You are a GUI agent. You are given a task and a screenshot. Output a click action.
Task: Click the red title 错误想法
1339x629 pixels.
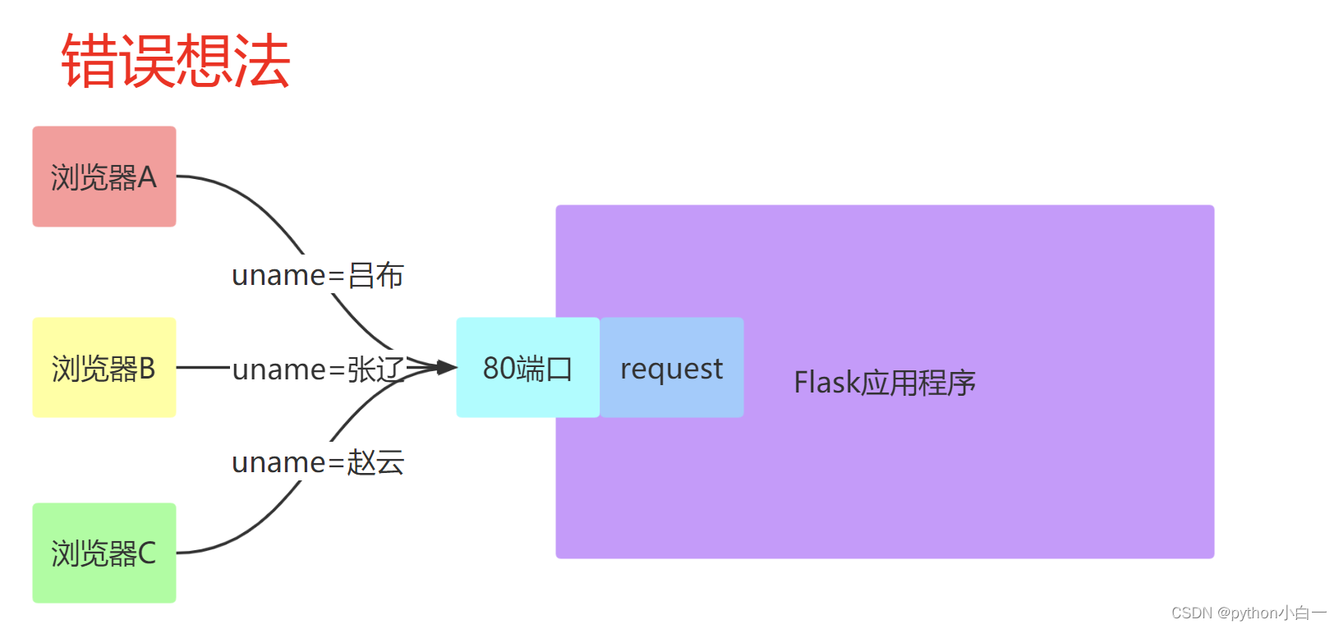coord(176,61)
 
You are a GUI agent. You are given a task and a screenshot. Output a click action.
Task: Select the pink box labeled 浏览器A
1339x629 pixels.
coord(104,177)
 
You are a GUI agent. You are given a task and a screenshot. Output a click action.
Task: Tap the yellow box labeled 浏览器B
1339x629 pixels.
coord(104,368)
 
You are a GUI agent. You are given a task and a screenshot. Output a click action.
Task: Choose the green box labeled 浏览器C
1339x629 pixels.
coord(104,553)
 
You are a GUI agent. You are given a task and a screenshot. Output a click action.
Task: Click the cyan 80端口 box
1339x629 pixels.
coord(527,368)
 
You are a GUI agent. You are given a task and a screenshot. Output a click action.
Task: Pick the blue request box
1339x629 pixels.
coord(672,368)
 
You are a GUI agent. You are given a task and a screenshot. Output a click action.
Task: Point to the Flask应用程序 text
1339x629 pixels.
coord(884,383)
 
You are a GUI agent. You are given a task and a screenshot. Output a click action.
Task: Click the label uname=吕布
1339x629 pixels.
coord(317,275)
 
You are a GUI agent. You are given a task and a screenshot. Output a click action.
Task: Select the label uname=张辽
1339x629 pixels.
coord(317,370)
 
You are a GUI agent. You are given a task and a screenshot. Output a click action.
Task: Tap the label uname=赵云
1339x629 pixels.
coord(317,462)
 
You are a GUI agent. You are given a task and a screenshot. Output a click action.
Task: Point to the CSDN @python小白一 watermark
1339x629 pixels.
coord(1249,613)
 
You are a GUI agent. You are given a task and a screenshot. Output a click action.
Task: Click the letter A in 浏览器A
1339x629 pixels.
coord(147,177)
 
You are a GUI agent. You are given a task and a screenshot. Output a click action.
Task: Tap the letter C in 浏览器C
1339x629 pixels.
coord(147,553)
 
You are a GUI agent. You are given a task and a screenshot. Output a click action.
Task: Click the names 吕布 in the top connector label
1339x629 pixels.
coord(375,275)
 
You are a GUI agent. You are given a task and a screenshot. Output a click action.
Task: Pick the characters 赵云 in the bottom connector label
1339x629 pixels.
coord(375,462)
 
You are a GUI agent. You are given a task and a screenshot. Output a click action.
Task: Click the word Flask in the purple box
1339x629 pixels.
coord(826,383)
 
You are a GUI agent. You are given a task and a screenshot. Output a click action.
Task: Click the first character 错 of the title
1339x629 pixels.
coord(90,61)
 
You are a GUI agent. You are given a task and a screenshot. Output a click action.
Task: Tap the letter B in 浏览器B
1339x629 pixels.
coord(147,369)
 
